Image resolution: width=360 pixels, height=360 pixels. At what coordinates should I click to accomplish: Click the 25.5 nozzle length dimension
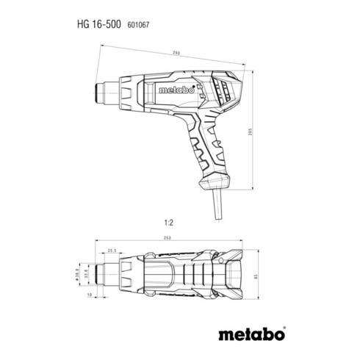[112, 251]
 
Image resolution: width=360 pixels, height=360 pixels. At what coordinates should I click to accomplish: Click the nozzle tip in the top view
[99, 278]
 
